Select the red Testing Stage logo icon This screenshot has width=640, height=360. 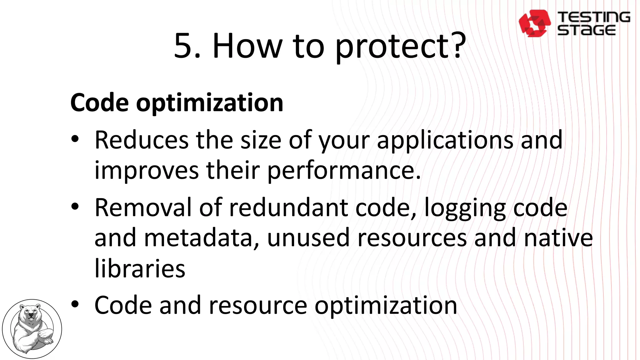(x=534, y=23)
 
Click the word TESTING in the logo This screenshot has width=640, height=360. (x=594, y=17)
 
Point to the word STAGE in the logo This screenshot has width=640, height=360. (x=587, y=30)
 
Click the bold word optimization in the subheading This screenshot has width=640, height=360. (x=210, y=103)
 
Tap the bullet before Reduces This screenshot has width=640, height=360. (x=75, y=139)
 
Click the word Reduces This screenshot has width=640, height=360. (x=142, y=140)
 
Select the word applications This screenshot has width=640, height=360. (x=445, y=141)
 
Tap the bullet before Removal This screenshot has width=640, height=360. (x=75, y=207)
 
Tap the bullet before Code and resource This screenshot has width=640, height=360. (x=75, y=304)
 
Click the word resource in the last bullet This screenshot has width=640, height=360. (x=258, y=306)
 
